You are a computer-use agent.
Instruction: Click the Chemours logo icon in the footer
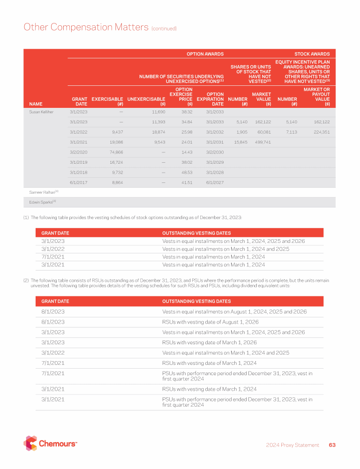(x=30, y=443)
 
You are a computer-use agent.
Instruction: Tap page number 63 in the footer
(x=332, y=445)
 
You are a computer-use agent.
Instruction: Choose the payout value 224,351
(x=320, y=132)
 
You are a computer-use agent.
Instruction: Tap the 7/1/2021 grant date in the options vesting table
(x=53, y=257)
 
